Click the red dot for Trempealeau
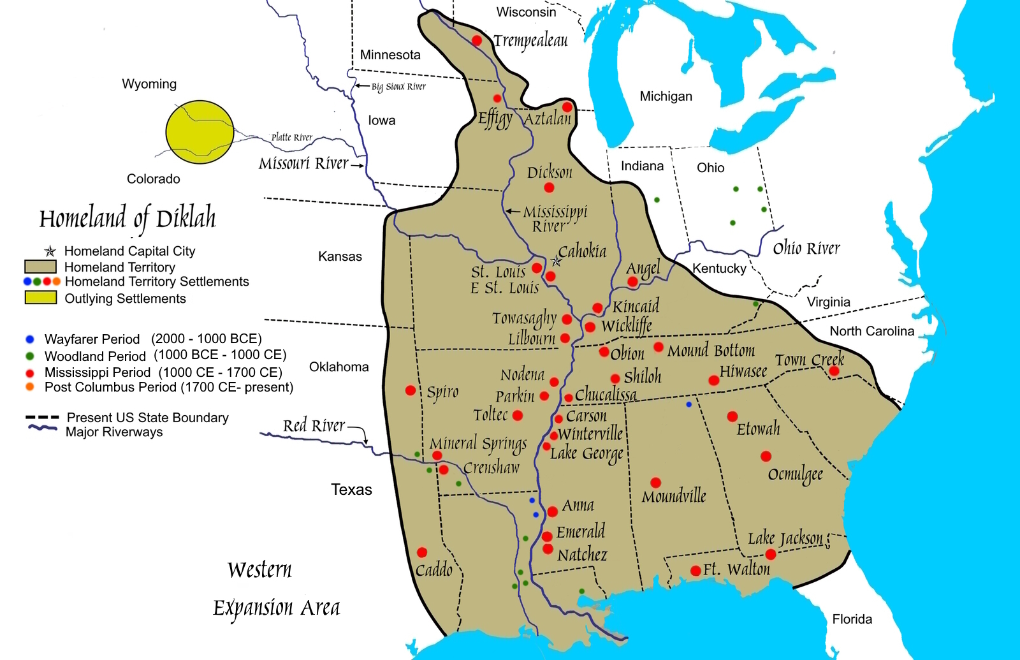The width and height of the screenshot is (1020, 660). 476,41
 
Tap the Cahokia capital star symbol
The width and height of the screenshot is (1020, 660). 557,261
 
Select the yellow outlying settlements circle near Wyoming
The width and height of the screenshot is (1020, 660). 200,132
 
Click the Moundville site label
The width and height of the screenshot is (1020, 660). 674,496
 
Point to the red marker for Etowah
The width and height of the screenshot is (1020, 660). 732,416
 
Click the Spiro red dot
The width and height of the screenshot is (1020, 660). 411,390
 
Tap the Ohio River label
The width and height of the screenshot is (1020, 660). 806,248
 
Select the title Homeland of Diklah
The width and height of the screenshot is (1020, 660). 127,219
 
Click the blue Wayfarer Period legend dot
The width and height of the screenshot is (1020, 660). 29,339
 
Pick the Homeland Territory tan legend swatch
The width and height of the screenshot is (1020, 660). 40,267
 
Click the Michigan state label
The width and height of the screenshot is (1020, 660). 666,96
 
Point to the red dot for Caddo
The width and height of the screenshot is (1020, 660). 421,552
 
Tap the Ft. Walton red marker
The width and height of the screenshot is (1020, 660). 696,571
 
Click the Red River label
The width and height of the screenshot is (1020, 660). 314,425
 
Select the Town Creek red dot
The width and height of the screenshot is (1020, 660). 834,371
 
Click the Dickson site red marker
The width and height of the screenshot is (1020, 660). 549,187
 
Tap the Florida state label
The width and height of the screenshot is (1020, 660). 852,619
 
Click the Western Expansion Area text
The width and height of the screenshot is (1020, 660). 276,589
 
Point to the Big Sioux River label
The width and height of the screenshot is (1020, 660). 398,87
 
